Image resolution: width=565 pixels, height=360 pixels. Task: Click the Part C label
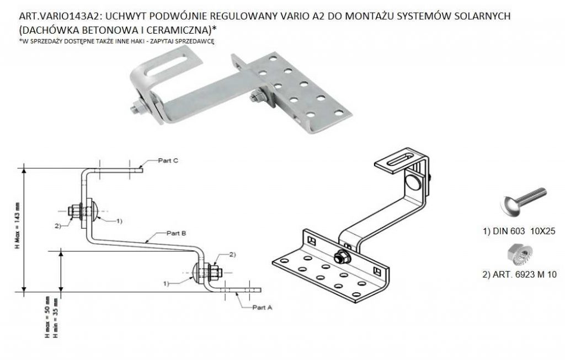[x=168, y=161]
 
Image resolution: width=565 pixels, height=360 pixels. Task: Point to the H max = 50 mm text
[x=48, y=315]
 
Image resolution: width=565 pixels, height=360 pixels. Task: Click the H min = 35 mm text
[x=55, y=315]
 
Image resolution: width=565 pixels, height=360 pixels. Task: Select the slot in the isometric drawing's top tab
[x=399, y=161]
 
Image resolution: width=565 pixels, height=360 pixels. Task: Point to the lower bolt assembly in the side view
[x=209, y=272]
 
